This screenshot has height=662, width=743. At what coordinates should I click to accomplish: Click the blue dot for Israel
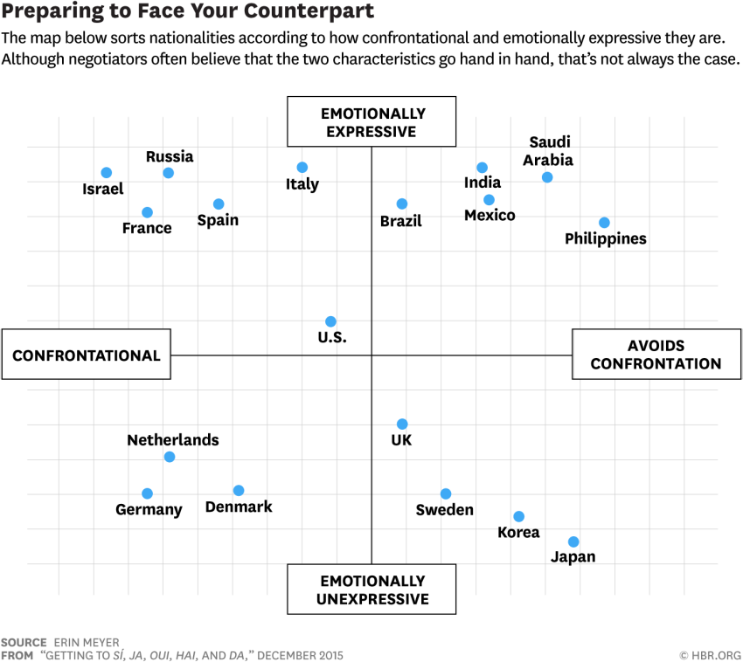click(x=107, y=173)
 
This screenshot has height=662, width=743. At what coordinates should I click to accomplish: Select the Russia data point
click(x=169, y=173)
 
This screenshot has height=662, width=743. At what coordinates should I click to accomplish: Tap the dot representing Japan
click(x=573, y=542)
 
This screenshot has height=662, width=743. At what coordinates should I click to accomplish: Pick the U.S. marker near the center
click(x=330, y=321)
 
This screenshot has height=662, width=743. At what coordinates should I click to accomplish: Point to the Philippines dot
click(x=604, y=223)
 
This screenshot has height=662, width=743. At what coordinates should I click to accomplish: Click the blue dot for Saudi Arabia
click(x=547, y=177)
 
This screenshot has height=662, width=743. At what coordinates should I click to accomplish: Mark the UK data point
click(x=402, y=424)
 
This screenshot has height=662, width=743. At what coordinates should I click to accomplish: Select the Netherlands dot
click(x=170, y=457)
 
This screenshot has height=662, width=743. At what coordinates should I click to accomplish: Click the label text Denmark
click(x=239, y=507)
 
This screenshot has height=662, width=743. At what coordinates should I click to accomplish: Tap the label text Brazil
click(x=401, y=221)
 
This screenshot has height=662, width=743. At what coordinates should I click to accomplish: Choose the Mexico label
click(x=490, y=216)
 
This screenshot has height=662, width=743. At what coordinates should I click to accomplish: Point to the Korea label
click(x=518, y=533)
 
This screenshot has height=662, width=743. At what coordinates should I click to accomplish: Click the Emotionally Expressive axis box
click(x=371, y=121)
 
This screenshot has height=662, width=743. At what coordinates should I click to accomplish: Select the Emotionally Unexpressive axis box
click(x=371, y=590)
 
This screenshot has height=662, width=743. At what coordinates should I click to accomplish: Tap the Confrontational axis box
click(x=86, y=355)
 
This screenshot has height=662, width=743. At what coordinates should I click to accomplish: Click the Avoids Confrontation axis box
click(x=656, y=355)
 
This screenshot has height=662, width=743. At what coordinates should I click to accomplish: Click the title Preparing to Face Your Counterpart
click(x=188, y=12)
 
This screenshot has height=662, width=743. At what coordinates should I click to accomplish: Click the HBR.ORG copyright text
click(x=710, y=655)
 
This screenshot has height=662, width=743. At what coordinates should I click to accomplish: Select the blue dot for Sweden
click(x=446, y=494)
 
